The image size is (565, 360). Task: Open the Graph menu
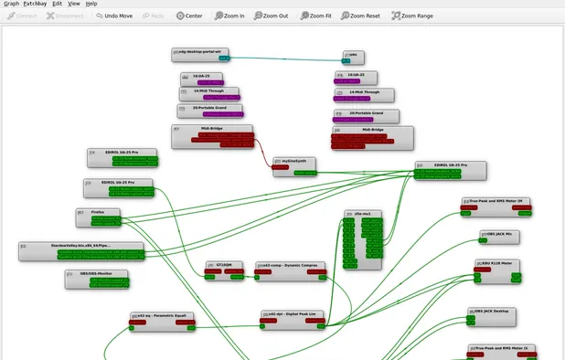click(x=11, y=4)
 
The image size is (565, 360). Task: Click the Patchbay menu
click(x=35, y=4)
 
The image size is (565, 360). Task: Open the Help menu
click(x=91, y=4)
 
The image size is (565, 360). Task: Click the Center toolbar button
click(x=189, y=16)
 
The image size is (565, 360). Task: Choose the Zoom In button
click(x=229, y=16)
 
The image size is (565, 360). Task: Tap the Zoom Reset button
click(x=358, y=16)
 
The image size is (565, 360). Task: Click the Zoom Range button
click(x=412, y=16)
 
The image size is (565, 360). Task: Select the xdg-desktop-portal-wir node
click(x=200, y=52)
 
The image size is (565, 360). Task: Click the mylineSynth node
click(x=294, y=161)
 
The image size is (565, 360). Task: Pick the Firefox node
click(x=98, y=212)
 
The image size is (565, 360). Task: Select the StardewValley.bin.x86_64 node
click(x=83, y=246)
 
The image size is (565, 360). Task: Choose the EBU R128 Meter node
click(x=501, y=262)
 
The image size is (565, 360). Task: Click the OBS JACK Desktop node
click(x=494, y=312)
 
